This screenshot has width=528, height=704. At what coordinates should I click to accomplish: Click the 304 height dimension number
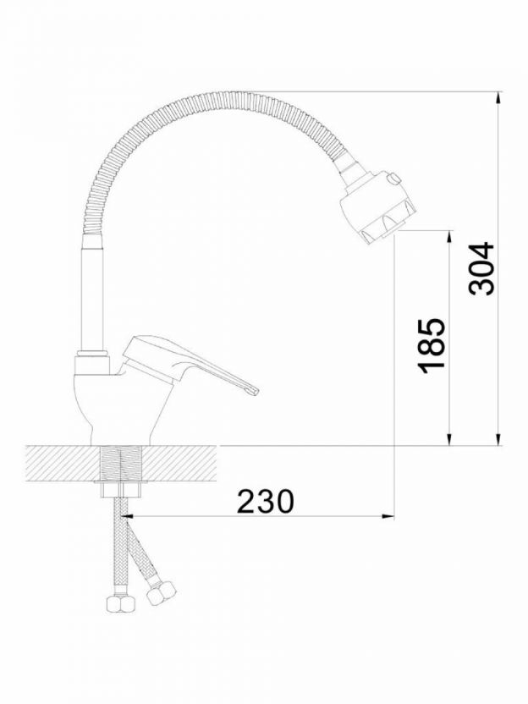(481, 269)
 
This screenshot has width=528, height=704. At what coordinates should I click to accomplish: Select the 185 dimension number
(432, 346)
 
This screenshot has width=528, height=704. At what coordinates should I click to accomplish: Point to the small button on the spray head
(394, 179)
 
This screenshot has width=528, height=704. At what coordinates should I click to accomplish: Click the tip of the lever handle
(257, 392)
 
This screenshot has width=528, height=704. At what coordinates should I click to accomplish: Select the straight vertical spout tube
(92, 294)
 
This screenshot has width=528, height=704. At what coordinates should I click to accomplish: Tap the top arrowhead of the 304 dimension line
(498, 97)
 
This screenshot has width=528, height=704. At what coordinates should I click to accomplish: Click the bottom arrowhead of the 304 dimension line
(498, 440)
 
